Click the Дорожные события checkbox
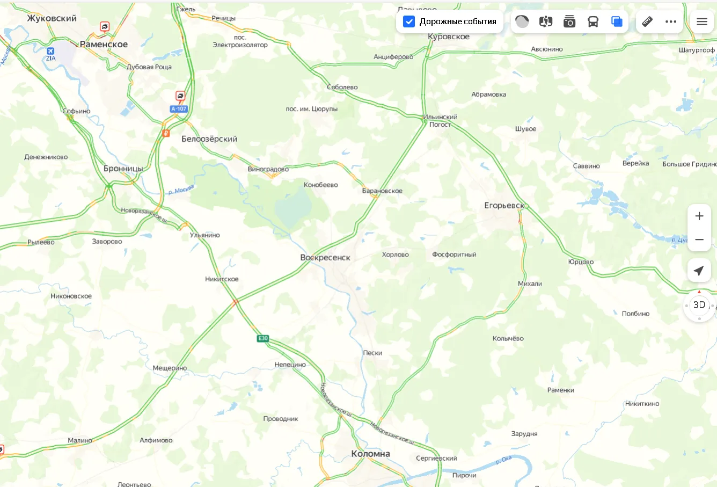point(409,21)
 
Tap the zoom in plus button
point(699,216)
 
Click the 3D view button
point(699,305)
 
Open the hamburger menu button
point(702,21)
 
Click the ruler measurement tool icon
point(647,21)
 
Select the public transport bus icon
point(593,21)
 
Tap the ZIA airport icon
point(50,52)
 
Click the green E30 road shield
point(263,338)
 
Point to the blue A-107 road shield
point(179,109)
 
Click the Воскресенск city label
point(325,258)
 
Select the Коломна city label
point(370,454)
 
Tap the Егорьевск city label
point(504,206)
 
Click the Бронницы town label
point(123,169)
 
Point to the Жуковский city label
point(52,18)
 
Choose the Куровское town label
point(449,37)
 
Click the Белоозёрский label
point(209,139)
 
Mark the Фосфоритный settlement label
point(454,255)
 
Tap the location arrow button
point(699,271)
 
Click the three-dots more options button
point(671,21)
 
